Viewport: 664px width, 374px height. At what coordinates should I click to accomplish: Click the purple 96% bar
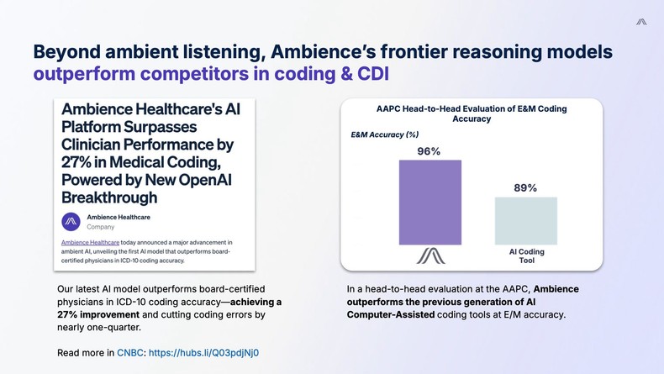429,202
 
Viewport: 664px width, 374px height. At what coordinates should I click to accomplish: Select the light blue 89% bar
525,221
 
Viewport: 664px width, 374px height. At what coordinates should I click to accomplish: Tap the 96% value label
429,151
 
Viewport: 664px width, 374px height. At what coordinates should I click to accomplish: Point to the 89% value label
525,187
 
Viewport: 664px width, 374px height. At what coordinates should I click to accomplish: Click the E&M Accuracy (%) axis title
384,134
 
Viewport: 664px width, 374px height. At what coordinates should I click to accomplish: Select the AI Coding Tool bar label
526,256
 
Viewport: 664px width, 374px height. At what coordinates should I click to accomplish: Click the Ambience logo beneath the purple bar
430,255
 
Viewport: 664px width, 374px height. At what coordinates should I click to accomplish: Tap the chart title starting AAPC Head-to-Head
471,113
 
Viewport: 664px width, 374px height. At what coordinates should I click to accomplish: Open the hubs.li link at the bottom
203,352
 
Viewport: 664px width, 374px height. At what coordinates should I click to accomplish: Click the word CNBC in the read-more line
129,352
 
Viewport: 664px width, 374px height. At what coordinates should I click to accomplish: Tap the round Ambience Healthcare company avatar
71,222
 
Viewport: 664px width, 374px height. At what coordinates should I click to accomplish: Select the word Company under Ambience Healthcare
101,227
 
